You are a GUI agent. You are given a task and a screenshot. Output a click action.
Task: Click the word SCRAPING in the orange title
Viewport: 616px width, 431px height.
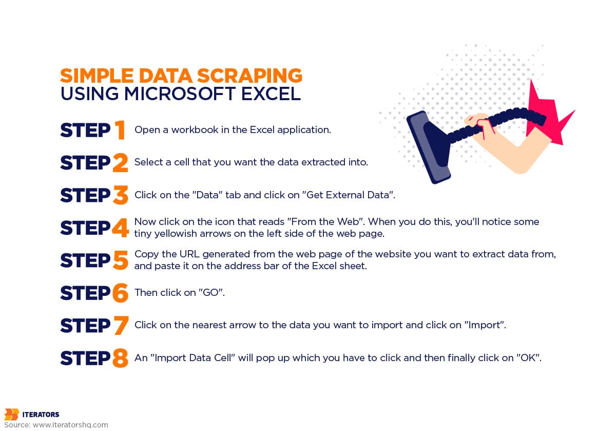(249, 76)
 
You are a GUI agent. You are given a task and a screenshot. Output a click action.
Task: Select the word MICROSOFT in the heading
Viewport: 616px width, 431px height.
(180, 93)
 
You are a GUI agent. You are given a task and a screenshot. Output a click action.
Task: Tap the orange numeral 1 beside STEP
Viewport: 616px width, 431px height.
(120, 129)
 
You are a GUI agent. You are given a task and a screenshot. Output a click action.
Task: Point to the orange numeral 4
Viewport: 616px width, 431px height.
(121, 228)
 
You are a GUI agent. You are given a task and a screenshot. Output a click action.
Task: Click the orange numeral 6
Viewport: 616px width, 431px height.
(121, 293)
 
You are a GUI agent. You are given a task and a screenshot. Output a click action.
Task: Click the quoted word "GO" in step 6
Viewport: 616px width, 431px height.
(210, 292)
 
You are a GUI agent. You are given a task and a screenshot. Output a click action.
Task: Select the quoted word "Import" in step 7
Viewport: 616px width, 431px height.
(484, 325)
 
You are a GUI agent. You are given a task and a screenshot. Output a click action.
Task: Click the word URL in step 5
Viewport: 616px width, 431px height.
(189, 254)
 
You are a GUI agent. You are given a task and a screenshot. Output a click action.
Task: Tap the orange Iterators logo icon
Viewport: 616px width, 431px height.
(12, 415)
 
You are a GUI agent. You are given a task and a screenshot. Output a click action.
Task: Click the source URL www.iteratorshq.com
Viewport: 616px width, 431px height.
(70, 425)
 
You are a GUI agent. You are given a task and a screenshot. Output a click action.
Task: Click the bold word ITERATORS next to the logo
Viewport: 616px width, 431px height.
(41, 414)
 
